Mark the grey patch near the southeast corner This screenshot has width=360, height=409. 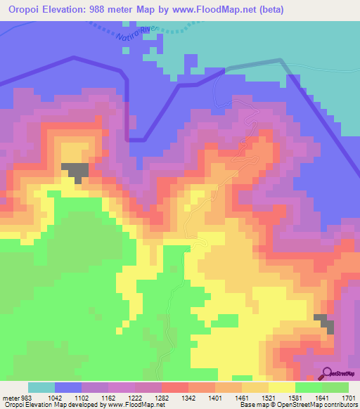coord(325,322)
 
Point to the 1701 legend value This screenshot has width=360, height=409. coord(347,398)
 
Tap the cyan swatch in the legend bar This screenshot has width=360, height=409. coord(41,387)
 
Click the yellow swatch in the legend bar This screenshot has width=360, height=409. coord(282,387)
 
